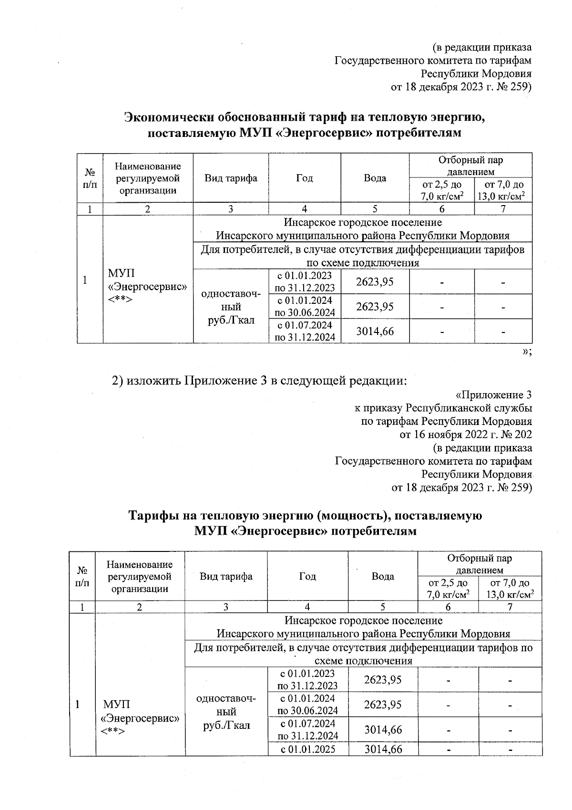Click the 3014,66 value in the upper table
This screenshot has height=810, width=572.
tap(375, 331)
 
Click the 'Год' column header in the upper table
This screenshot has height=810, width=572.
tap(304, 178)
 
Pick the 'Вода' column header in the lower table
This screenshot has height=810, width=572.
tap(383, 576)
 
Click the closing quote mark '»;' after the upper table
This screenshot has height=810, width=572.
tap(526, 352)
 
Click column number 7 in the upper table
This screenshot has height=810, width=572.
tap(503, 208)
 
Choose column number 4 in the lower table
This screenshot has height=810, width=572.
tap(307, 607)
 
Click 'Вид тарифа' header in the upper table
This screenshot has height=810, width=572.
tap(231, 178)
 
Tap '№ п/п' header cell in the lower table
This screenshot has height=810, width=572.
tap(82, 576)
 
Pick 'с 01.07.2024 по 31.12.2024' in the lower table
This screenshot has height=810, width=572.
tap(308, 729)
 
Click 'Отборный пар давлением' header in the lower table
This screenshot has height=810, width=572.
tap(480, 564)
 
